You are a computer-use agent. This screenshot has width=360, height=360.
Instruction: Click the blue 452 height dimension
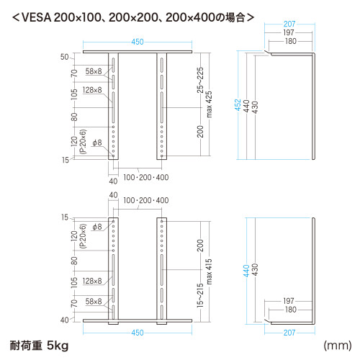tap(238, 105)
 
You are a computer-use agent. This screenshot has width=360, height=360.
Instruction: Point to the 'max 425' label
tap(209, 104)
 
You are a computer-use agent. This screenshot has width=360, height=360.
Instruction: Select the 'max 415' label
tap(209, 271)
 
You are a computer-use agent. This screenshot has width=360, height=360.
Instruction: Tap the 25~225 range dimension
tap(200, 80)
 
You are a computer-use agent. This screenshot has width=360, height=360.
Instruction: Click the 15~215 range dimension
tap(200, 295)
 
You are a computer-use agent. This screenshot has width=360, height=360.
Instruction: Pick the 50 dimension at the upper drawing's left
tap(64, 57)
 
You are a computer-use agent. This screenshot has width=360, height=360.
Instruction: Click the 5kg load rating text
tap(58, 346)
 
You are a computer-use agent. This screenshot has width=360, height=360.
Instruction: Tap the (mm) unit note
tap(338, 346)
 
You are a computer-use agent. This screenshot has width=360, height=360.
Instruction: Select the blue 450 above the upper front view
tap(138, 42)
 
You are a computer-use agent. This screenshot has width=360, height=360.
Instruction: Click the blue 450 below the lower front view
tap(138, 333)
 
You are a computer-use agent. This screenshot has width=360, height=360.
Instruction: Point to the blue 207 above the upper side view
tap(289, 24)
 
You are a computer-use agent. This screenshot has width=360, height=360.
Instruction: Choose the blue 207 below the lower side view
tap(289, 333)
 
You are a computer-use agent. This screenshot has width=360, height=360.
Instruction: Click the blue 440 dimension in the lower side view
tap(246, 271)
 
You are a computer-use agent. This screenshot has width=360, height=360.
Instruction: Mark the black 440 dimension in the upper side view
tap(246, 106)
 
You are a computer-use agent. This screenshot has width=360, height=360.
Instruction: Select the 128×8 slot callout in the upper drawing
tap(92, 90)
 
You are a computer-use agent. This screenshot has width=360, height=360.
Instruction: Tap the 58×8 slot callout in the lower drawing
tap(94, 302)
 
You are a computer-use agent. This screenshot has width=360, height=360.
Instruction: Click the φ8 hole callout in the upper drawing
tap(97, 143)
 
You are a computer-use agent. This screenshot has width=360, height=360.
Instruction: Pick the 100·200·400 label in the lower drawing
tap(146, 200)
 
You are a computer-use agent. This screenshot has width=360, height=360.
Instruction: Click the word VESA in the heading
tap(37, 17)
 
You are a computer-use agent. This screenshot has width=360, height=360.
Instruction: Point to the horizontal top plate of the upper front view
tap(138, 52)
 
